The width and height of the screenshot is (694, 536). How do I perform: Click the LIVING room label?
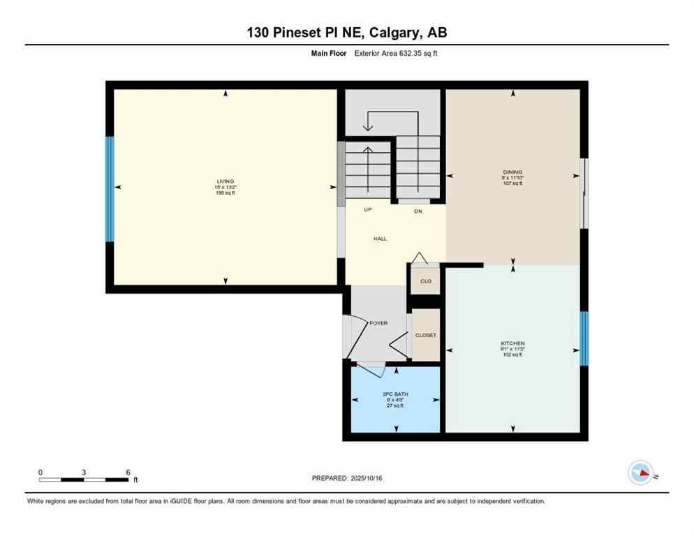(x=225, y=181)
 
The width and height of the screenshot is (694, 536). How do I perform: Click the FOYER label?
(x=378, y=323)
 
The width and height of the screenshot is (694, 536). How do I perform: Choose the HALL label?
(x=379, y=239)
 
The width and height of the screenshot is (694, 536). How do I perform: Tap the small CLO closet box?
(x=425, y=281)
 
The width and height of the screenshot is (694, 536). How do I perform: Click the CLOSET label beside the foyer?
(x=425, y=335)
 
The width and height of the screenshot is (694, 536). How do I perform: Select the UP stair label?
(x=367, y=209)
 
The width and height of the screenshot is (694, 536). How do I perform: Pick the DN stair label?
(x=418, y=210)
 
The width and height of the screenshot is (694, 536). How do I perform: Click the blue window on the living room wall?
(x=109, y=188)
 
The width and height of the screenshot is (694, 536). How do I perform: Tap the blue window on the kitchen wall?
(x=584, y=338)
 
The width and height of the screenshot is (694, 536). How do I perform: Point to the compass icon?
(x=641, y=473)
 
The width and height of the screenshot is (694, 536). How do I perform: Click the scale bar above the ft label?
(x=84, y=480)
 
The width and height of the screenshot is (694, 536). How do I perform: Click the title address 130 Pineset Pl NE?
(x=346, y=33)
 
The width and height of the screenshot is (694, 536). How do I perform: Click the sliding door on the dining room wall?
(x=585, y=193)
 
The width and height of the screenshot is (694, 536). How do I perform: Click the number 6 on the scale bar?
(x=128, y=472)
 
